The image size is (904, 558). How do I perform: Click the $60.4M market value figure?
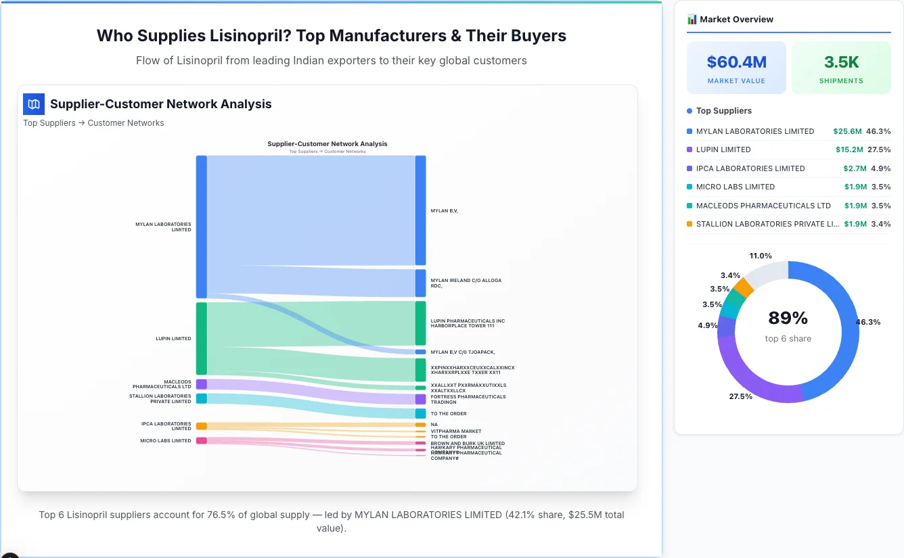[x=736, y=62]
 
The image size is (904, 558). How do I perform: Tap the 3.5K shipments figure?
[x=841, y=62]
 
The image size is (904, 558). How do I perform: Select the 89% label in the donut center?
[x=788, y=318]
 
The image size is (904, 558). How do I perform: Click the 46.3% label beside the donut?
[x=868, y=322]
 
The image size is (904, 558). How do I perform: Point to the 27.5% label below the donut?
[x=740, y=396]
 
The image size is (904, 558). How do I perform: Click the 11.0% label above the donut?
[x=761, y=256]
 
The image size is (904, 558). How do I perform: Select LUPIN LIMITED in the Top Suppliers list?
[x=723, y=149]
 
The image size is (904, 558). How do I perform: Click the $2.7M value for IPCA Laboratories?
[x=855, y=168]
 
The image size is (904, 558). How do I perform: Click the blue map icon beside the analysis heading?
[x=34, y=104]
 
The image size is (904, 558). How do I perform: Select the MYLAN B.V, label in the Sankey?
[x=445, y=210]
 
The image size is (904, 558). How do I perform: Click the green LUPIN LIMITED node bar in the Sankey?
[x=201, y=338]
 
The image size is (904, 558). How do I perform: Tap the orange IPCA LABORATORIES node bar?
[x=201, y=426]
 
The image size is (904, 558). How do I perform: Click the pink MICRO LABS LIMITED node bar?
[x=201, y=441]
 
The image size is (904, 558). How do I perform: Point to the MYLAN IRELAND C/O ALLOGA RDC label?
[x=466, y=283]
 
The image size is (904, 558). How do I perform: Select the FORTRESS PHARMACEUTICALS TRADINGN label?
[x=468, y=399]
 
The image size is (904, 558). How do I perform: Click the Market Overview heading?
[x=736, y=20]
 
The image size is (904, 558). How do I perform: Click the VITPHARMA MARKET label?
[x=455, y=431]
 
